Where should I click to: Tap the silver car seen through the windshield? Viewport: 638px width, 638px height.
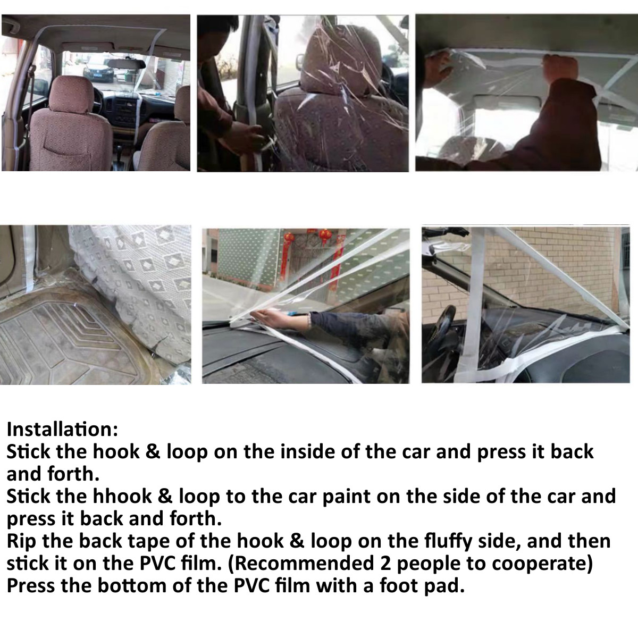point(93,71)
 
